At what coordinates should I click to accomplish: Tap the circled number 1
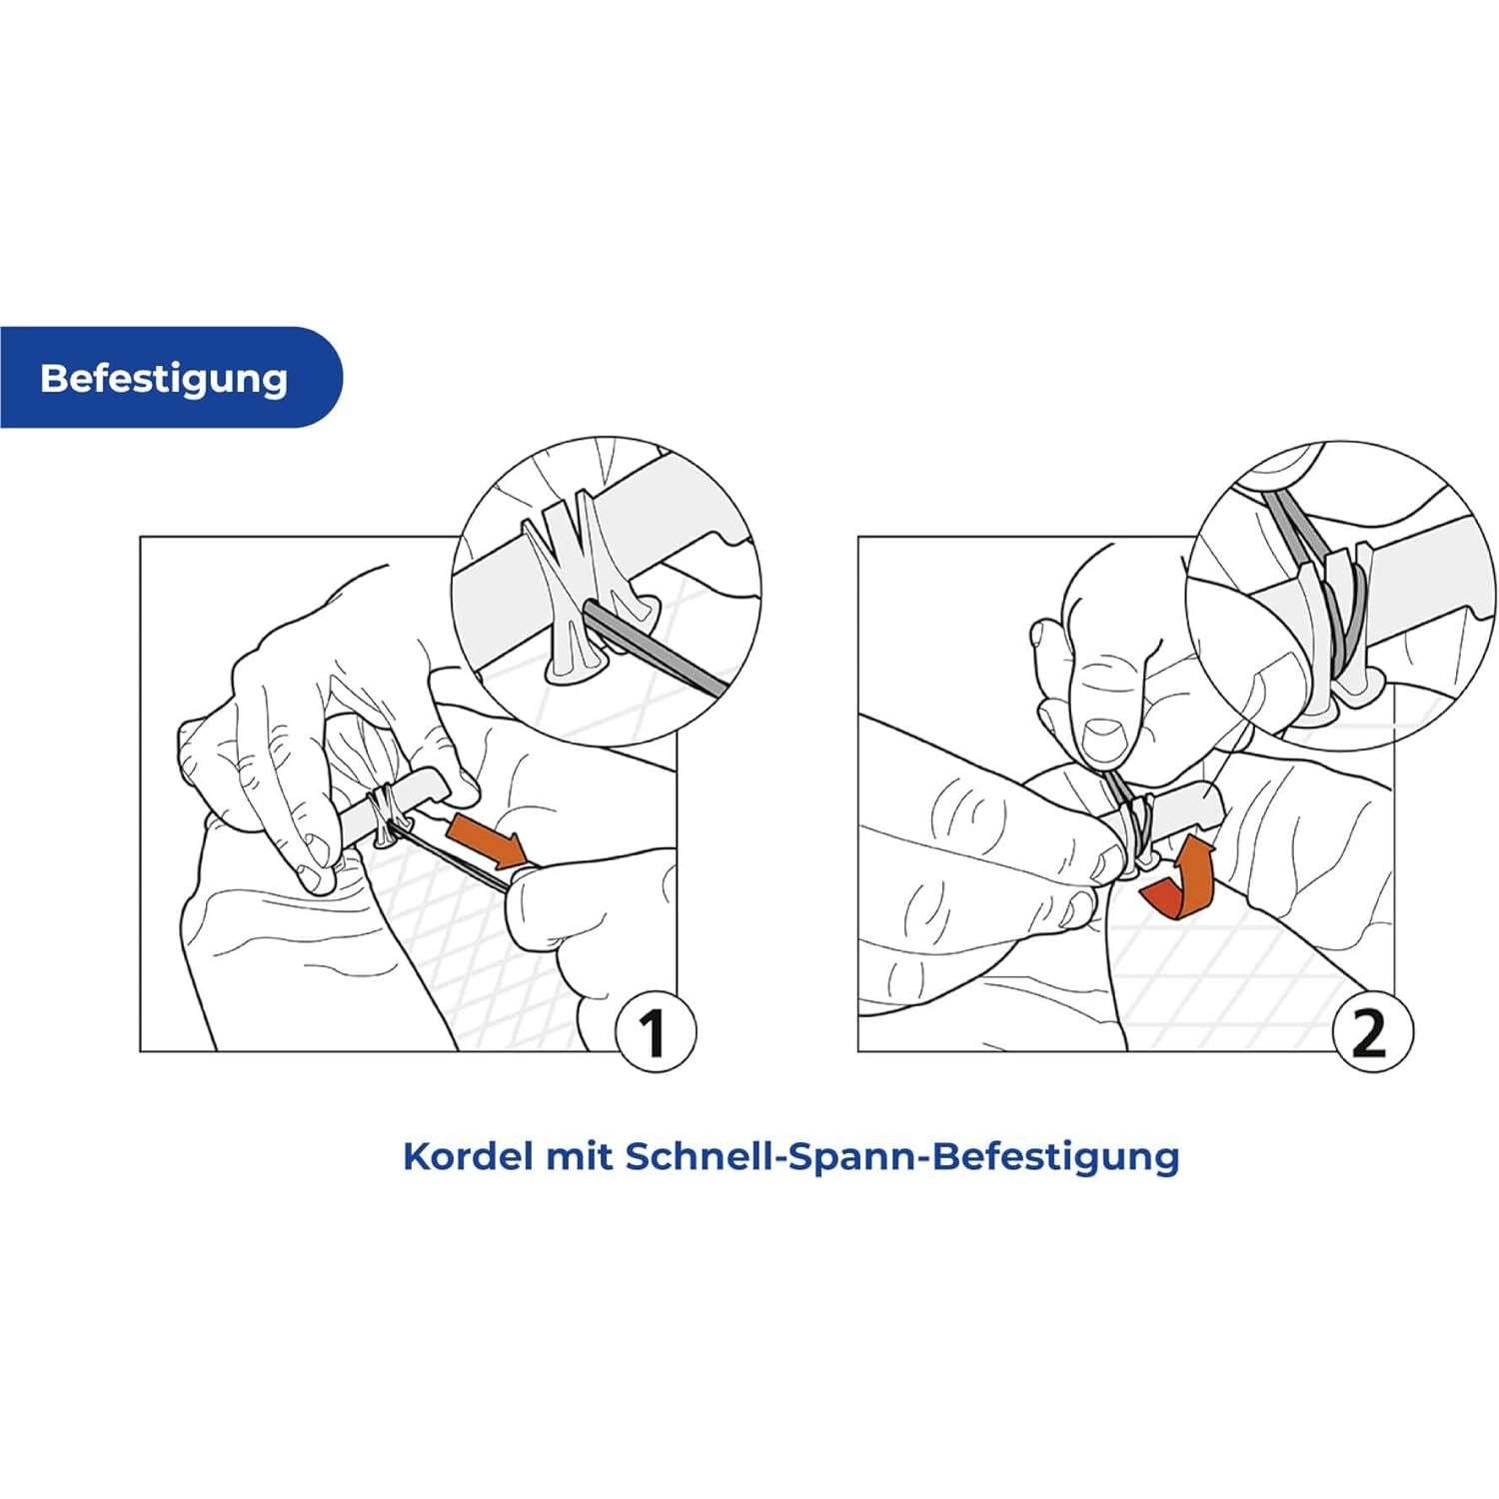tap(654, 1031)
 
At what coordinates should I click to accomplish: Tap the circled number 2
tap(1371, 1031)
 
